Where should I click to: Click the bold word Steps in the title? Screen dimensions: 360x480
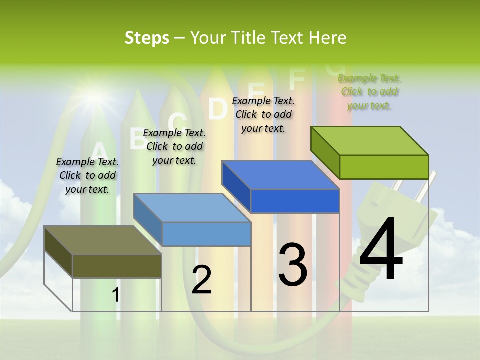147,38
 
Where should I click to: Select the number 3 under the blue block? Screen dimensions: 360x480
292,265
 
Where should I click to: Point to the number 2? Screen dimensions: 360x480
201,280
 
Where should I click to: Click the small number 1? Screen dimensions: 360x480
115,295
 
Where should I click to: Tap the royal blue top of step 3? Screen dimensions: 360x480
280,175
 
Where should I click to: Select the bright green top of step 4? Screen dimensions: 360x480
369,141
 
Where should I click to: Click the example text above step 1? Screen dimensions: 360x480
87,175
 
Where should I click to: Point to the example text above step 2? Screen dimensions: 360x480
174,146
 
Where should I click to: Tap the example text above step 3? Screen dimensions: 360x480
263,114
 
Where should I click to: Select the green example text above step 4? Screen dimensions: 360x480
369,91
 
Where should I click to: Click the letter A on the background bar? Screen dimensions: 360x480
99,151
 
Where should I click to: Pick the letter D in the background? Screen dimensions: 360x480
217,109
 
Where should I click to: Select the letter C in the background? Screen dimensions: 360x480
177,121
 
